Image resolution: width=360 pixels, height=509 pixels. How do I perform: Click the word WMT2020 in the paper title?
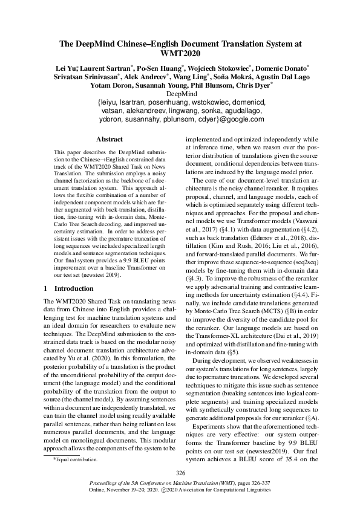[x=180, y=53]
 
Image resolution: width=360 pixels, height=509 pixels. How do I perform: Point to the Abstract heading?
[x=110, y=139]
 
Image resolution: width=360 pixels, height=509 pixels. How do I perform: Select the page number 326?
[x=180, y=472]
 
